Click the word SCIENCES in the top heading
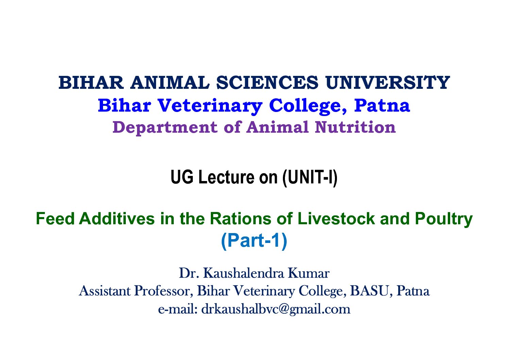coord(267,83)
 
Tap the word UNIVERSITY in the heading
coord(387,83)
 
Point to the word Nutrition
coord(355,127)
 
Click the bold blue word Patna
coord(382,105)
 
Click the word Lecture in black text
coord(226,177)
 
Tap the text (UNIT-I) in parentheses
coord(310,178)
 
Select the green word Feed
coord(55,218)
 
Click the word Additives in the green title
coord(117,218)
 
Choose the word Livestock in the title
coord(336,218)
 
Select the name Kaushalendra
coord(243,273)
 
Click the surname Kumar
coord(309,273)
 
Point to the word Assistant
coord(105,291)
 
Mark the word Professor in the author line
coord(164,291)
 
